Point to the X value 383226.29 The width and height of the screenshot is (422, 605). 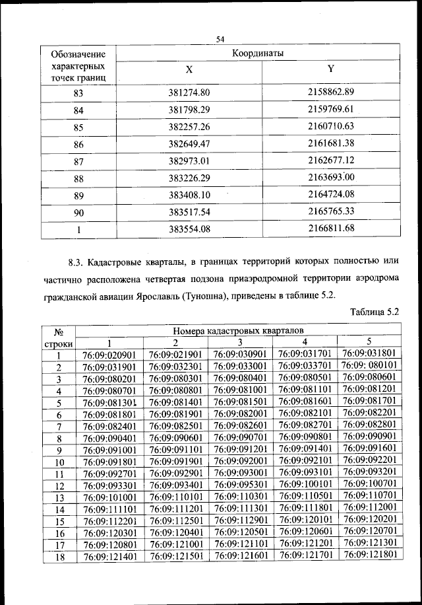(189, 178)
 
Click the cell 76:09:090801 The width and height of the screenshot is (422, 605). (304, 437)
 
